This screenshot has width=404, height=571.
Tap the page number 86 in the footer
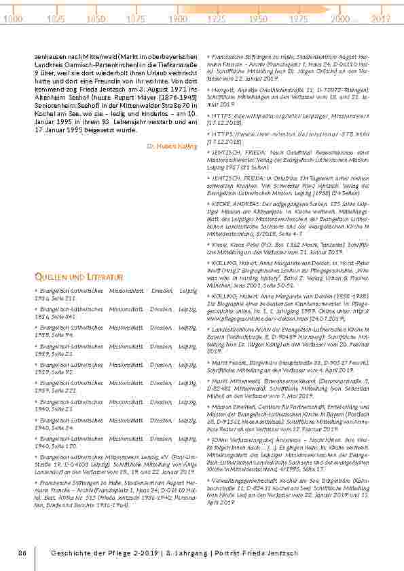pyautogui.click(x=22, y=553)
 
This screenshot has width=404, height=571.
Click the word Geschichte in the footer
pyautogui.click(x=73, y=553)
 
